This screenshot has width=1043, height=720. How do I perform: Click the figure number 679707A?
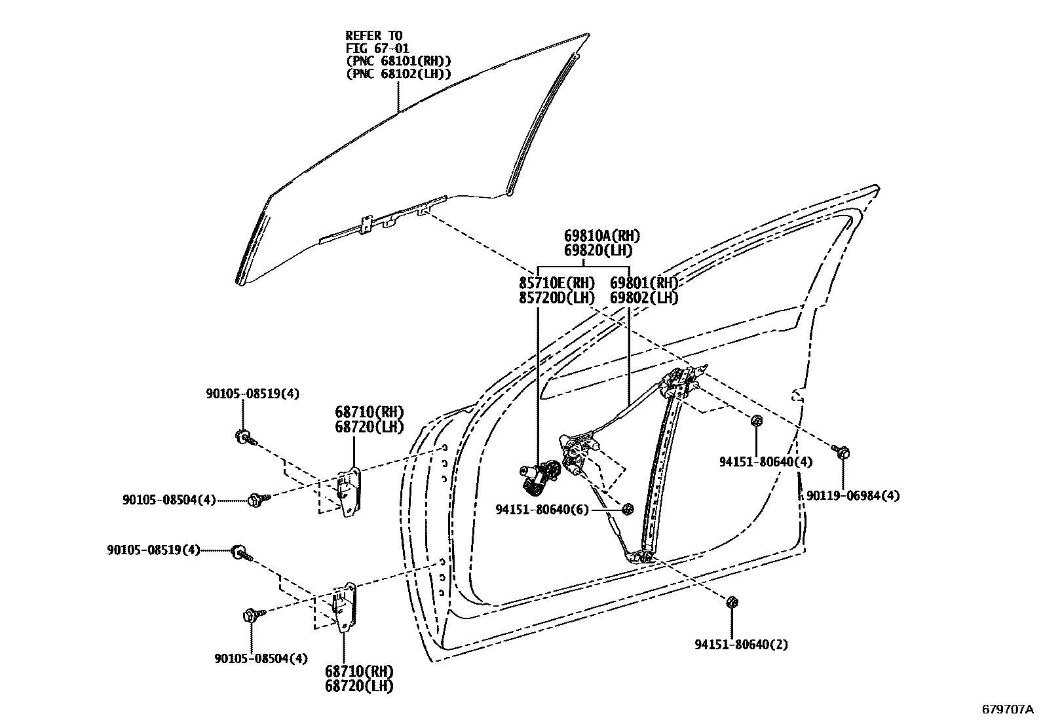1006,710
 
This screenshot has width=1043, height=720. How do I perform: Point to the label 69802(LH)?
644,297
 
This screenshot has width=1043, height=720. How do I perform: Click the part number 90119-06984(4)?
852,496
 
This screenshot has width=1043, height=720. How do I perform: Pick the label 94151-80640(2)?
741,645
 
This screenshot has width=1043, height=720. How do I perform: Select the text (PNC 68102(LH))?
398,73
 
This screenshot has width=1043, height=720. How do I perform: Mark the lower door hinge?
347,606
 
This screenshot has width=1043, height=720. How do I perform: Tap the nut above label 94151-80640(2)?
732,601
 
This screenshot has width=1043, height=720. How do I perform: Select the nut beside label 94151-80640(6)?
628,509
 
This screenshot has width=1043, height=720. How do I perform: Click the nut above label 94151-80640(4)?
756,421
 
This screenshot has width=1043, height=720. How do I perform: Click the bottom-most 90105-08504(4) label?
261,658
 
